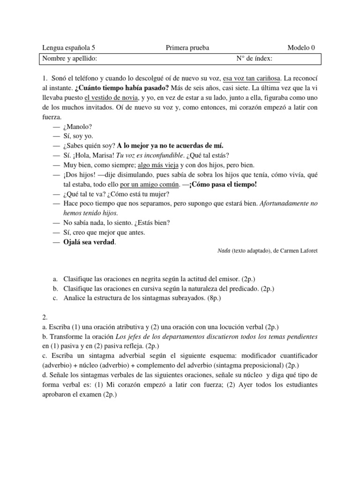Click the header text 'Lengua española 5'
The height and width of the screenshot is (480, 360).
pyautogui.click(x=72, y=48)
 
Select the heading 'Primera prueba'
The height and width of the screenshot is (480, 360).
pyautogui.click(x=187, y=48)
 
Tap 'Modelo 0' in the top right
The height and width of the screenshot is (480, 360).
pyautogui.click(x=301, y=48)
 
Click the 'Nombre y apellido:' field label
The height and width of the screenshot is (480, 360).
pyautogui.click(x=70, y=59)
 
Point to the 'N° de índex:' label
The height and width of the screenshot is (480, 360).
pyautogui.click(x=255, y=59)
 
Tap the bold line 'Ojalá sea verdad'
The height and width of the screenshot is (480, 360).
pyautogui.click(x=89, y=242)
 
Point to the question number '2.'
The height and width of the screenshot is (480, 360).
pyautogui.click(x=45, y=317)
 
